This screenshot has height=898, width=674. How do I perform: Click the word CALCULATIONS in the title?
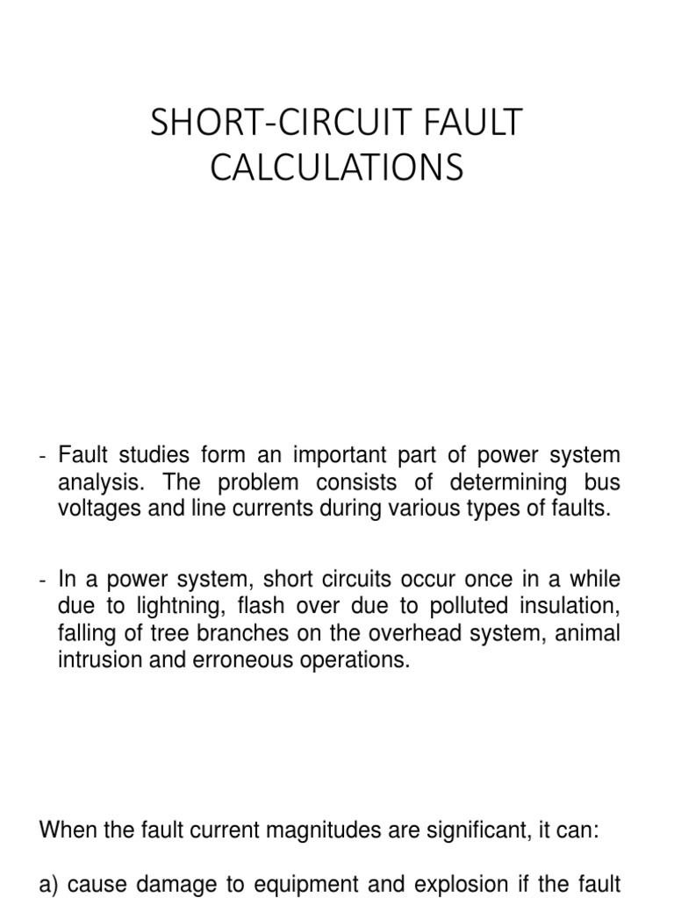coord(336,167)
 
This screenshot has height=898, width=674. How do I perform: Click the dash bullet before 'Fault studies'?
coord(44,457)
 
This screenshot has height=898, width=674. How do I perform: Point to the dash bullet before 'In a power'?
coord(44,581)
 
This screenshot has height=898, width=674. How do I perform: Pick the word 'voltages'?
coord(95,510)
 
